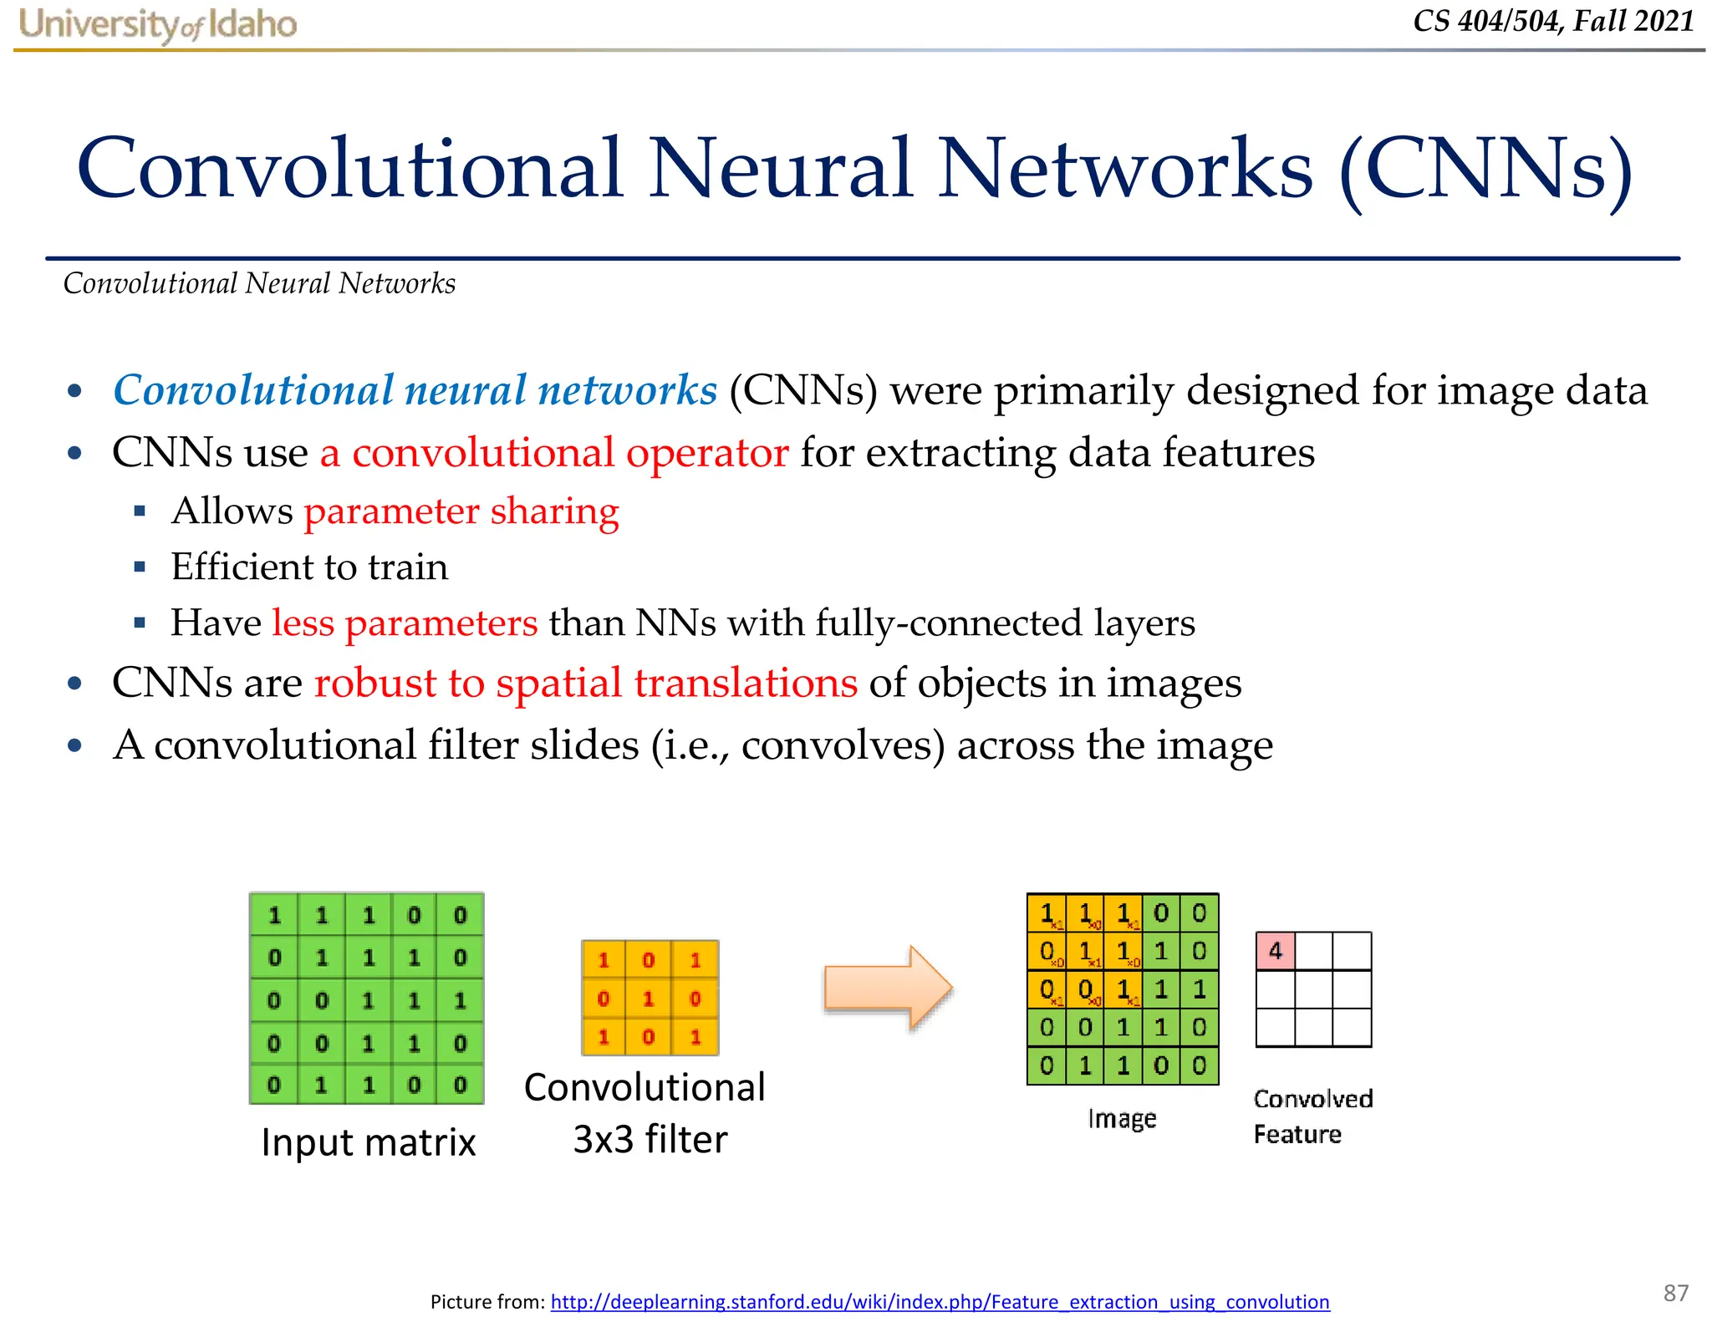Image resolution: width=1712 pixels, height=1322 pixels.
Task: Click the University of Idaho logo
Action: pyautogui.click(x=157, y=23)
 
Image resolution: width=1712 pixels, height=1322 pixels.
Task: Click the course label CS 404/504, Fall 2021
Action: pyautogui.click(x=1552, y=21)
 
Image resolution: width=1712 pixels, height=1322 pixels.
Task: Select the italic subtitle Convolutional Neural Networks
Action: pyautogui.click(x=259, y=283)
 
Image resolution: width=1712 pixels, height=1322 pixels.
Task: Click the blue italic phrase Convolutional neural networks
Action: pyautogui.click(x=415, y=390)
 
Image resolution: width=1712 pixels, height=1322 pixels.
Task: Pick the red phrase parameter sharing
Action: pyautogui.click(x=461, y=511)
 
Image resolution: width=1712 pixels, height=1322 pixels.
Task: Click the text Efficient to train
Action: pyautogui.click(x=309, y=567)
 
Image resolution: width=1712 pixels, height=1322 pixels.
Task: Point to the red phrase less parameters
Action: pyautogui.click(x=405, y=623)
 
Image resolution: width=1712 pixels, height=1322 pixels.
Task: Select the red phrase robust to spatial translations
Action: pyautogui.click(x=585, y=683)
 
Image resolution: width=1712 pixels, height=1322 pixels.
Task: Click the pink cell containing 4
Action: pyautogui.click(x=1275, y=951)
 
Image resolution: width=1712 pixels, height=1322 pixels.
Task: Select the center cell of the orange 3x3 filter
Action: pyautogui.click(x=649, y=998)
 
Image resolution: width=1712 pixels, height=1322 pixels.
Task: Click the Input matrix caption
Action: pyautogui.click(x=368, y=1141)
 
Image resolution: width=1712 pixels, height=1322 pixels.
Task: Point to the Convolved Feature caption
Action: pyautogui.click(x=1312, y=1116)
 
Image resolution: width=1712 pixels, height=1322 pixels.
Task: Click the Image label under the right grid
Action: pyautogui.click(x=1122, y=1118)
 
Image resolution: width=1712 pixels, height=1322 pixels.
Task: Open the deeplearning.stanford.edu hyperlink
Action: pyautogui.click(x=940, y=1301)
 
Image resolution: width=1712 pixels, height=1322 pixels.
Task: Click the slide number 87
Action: pyautogui.click(x=1675, y=1293)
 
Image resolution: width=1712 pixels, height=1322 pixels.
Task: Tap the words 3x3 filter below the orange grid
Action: pyautogui.click(x=650, y=1139)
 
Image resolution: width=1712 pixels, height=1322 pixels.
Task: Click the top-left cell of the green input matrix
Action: pyautogui.click(x=274, y=916)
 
